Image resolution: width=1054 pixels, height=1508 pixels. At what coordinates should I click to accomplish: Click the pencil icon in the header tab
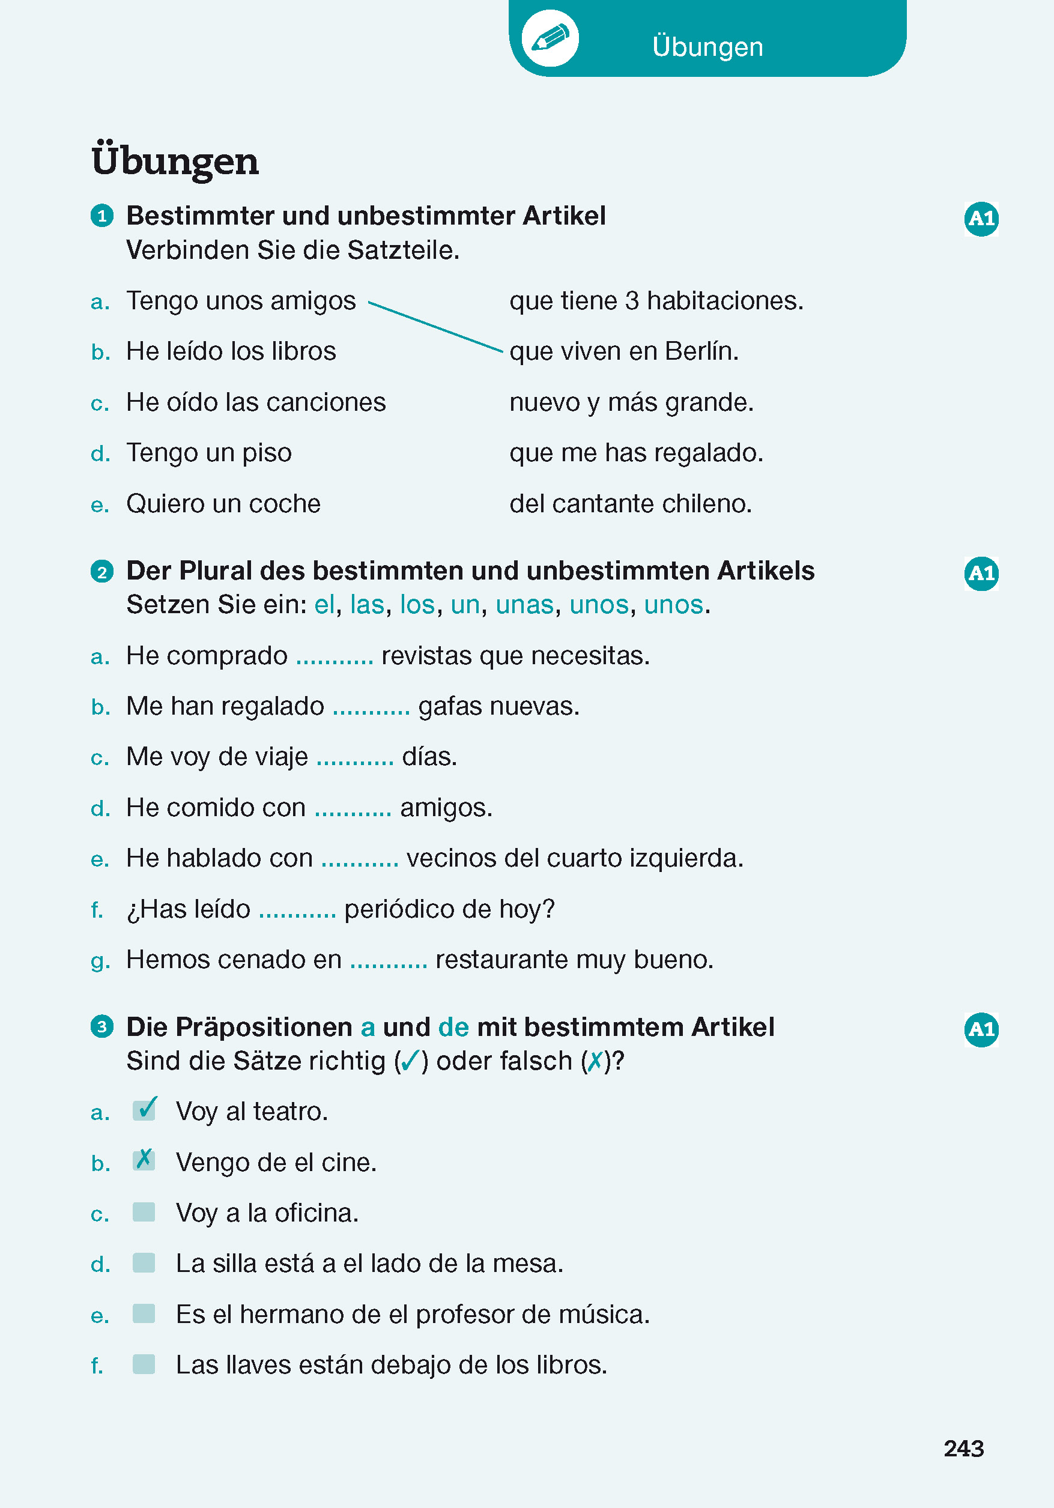click(x=550, y=38)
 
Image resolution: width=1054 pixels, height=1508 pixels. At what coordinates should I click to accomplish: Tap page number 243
click(x=963, y=1448)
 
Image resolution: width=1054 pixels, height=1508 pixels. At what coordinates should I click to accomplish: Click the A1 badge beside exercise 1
click(x=981, y=219)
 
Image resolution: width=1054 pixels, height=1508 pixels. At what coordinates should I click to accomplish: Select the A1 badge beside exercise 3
click(x=981, y=1029)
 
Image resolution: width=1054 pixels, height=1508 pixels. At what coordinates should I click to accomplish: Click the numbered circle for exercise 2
click(x=101, y=571)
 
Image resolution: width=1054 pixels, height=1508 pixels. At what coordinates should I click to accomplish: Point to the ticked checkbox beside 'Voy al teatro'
click(x=144, y=1110)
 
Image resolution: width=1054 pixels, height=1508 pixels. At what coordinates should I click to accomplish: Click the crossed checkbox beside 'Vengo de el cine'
click(x=144, y=1160)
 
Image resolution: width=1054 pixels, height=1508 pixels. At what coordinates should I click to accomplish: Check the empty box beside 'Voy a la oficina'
click(x=144, y=1212)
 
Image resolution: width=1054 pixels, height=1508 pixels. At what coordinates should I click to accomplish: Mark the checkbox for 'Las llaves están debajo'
click(x=144, y=1364)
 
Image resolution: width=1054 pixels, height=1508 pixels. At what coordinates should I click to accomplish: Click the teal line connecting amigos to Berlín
click(x=435, y=327)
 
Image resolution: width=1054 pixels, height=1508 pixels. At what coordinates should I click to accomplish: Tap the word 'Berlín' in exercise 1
click(x=701, y=351)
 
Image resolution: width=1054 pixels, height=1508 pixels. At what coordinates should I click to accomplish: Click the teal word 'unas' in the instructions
click(x=524, y=605)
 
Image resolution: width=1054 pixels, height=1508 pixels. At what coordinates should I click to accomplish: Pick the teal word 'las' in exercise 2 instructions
click(x=366, y=605)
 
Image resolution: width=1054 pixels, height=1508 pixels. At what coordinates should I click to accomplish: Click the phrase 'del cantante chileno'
click(x=631, y=504)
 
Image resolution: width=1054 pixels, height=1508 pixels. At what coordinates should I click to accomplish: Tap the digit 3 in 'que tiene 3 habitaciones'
click(x=632, y=301)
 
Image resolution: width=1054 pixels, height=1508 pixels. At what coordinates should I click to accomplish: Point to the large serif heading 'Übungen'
click(x=175, y=161)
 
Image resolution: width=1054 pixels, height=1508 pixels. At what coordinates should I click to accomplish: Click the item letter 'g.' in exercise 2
click(x=100, y=961)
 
